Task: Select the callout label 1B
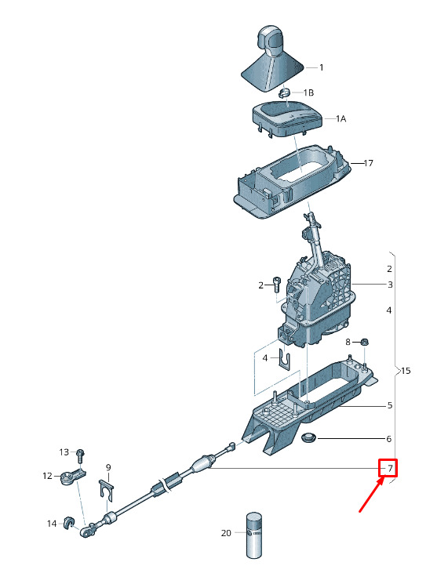[308, 92]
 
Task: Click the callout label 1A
[340, 119]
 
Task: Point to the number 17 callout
[368, 163]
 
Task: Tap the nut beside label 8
[364, 342]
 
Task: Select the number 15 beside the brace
[406, 371]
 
